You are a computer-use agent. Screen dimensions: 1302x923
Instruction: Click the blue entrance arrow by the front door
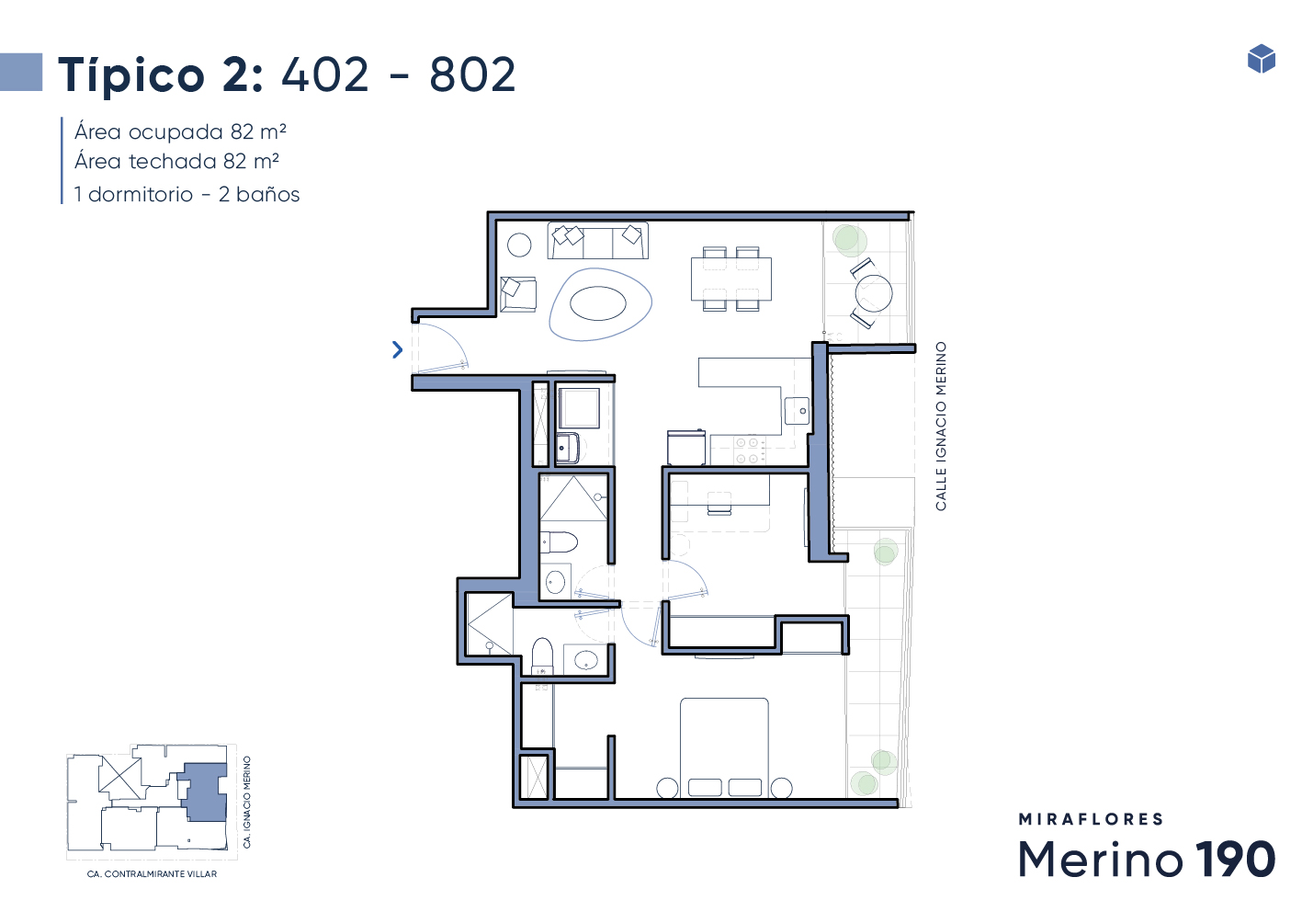(x=398, y=349)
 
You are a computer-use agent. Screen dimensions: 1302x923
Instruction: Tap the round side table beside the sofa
(x=519, y=245)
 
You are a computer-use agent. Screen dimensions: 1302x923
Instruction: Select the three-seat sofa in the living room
(x=597, y=240)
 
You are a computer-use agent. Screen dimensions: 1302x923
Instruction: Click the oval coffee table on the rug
(x=598, y=303)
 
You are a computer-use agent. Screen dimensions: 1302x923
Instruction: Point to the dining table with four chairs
(x=731, y=279)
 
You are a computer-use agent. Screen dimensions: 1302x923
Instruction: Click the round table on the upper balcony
(x=874, y=293)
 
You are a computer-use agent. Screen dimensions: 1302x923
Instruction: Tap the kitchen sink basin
(x=797, y=411)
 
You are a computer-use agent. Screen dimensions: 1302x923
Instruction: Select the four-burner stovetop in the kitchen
(x=748, y=450)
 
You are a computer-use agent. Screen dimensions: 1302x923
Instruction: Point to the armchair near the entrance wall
(x=518, y=294)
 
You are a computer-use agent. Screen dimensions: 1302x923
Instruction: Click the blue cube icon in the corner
(x=1262, y=58)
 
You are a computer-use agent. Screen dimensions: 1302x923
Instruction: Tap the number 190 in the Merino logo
(x=1235, y=859)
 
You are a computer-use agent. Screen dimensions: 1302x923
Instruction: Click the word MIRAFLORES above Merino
(x=1091, y=819)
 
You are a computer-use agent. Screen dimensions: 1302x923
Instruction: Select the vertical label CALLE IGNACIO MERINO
(x=941, y=427)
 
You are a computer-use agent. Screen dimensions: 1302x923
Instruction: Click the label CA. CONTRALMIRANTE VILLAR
(x=152, y=874)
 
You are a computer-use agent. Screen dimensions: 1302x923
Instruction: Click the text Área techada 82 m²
(x=176, y=162)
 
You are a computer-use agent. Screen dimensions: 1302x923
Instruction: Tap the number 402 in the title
(x=325, y=74)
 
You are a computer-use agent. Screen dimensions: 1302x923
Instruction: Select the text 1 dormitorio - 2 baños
(x=187, y=194)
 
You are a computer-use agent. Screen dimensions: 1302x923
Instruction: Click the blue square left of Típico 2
(x=21, y=72)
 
